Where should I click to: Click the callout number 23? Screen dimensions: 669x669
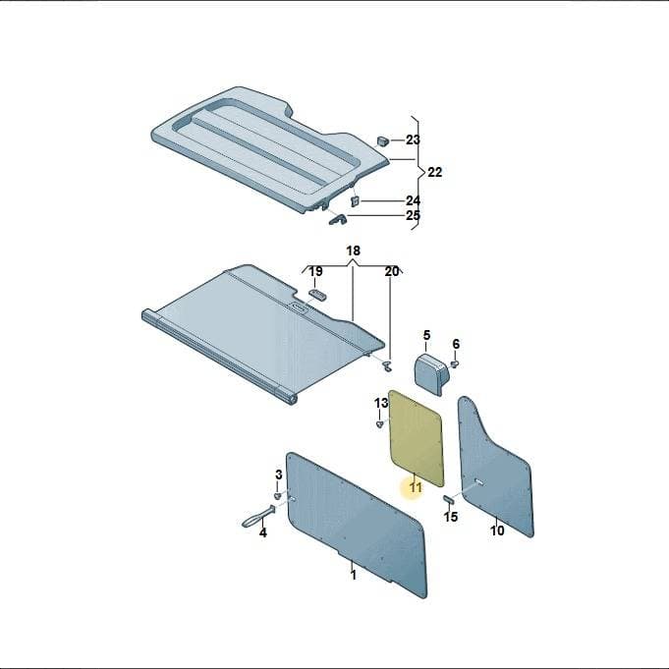click(x=413, y=139)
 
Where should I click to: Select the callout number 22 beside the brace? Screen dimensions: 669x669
click(x=435, y=172)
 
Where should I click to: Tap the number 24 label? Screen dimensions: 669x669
click(x=413, y=200)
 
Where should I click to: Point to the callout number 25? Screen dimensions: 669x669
click(x=413, y=215)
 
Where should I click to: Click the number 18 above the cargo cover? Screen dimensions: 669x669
click(x=354, y=251)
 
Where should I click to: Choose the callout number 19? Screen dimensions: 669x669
click(x=315, y=271)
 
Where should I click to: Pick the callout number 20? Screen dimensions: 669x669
click(x=392, y=271)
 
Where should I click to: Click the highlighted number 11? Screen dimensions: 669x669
click(x=416, y=487)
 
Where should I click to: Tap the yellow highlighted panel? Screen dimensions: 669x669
click(x=417, y=438)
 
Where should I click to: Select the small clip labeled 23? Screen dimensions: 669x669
click(x=383, y=140)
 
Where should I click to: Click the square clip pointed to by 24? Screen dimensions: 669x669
click(x=355, y=201)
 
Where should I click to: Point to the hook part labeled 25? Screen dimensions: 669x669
click(x=338, y=220)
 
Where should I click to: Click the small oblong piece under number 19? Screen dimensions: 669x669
click(x=318, y=295)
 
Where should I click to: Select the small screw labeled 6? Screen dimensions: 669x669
click(x=455, y=363)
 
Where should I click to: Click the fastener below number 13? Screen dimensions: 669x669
click(x=380, y=424)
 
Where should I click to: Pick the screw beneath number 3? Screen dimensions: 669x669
click(x=278, y=495)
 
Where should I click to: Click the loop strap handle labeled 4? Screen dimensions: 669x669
click(x=258, y=517)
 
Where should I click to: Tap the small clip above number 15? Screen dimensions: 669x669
click(x=449, y=499)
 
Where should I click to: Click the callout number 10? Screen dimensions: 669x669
click(x=497, y=530)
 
